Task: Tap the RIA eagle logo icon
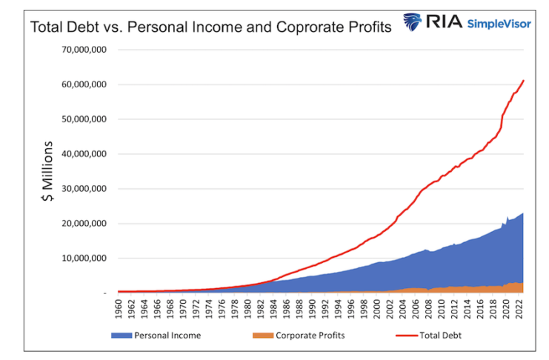(413, 22)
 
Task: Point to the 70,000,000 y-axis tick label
(84, 50)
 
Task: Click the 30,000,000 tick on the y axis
(84, 189)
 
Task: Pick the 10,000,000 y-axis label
(84, 259)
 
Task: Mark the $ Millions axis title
(47, 173)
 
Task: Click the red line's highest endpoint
(523, 81)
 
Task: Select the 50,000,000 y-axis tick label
(84, 119)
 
